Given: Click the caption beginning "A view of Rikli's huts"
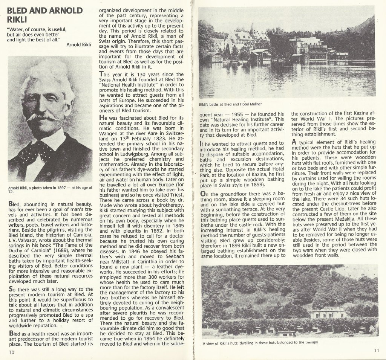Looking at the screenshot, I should [x=260, y=343].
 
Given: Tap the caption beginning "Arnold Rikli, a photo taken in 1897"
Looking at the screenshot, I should [x=50, y=189].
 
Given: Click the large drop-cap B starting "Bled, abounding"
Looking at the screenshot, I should [x=11, y=204].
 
